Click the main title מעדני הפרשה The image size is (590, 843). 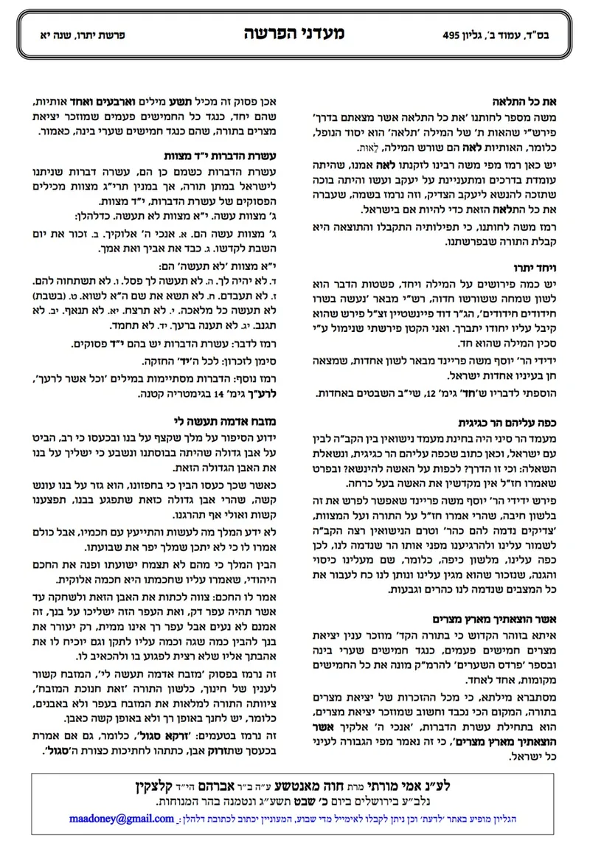tap(294, 33)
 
